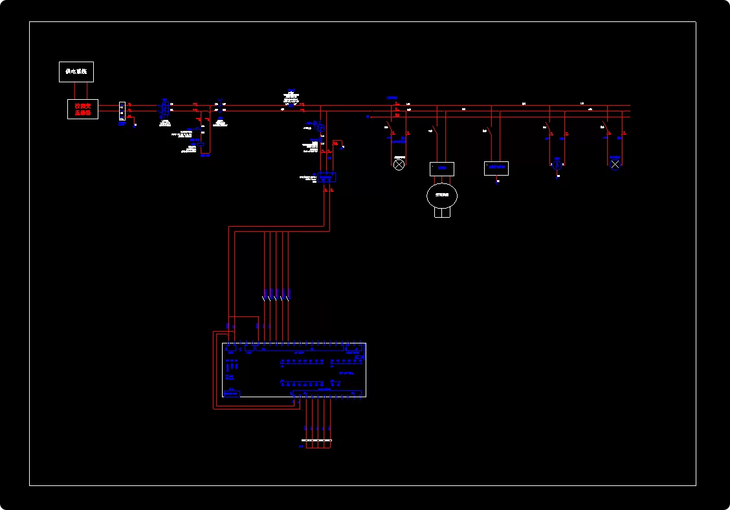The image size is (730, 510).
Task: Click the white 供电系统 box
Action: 76,71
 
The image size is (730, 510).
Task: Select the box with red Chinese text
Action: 83,109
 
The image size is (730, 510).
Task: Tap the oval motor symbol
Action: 442,195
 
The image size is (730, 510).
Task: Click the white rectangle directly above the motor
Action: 442,168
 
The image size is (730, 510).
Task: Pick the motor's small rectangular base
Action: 442,213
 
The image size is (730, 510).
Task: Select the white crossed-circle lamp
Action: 399,165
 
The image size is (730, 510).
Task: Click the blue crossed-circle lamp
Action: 615,164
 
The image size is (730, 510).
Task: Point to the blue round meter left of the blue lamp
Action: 557,164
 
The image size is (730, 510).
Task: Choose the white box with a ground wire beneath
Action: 496,168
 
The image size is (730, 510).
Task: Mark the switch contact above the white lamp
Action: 390,129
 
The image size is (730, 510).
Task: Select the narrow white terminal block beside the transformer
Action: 122,111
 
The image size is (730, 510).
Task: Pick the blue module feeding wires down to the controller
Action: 327,176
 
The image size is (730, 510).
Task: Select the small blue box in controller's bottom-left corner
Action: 231,393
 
